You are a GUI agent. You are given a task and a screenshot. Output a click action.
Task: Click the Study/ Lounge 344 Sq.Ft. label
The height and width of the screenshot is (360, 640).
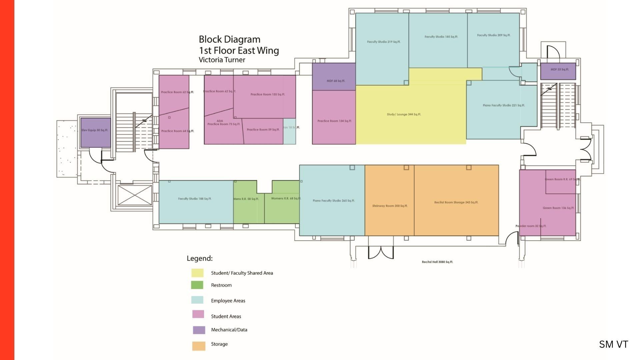click(x=404, y=114)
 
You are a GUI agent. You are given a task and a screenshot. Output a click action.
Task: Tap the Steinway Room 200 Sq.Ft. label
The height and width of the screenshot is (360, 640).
click(x=390, y=206)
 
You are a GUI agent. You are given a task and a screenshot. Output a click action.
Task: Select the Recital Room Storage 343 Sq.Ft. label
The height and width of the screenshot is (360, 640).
click(x=456, y=202)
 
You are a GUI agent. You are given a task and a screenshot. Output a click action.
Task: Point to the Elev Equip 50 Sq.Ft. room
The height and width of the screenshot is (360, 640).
click(x=95, y=132)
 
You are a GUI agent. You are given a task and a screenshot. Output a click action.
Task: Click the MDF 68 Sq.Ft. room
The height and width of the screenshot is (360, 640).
click(x=334, y=77)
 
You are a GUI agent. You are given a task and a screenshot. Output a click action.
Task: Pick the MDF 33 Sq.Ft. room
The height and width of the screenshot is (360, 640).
click(x=558, y=71)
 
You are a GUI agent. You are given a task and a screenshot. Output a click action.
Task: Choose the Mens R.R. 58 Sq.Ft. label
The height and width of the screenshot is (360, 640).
click(x=246, y=199)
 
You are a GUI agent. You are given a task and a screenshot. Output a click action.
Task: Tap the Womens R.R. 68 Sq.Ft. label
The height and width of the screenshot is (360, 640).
click(x=286, y=198)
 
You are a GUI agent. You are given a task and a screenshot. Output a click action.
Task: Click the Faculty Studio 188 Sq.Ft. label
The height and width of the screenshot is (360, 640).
click(x=195, y=199)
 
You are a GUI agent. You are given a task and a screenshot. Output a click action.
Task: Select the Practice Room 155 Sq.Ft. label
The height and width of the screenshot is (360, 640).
click(x=268, y=94)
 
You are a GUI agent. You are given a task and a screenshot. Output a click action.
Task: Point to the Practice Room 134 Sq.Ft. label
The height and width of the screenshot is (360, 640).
click(x=334, y=121)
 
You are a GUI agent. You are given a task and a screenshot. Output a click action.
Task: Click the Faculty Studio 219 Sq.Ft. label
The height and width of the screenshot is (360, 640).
click(x=384, y=42)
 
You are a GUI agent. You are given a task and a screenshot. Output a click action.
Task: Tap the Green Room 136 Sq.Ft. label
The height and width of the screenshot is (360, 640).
click(x=558, y=208)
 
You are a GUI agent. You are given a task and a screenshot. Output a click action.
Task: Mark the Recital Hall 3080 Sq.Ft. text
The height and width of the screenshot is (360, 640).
click(x=437, y=262)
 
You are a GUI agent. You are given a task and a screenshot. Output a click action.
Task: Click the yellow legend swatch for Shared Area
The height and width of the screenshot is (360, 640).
click(x=197, y=273)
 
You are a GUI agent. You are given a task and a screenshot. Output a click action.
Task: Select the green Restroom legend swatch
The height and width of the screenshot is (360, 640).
click(x=197, y=285)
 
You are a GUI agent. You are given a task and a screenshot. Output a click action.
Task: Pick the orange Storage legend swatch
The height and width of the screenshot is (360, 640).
click(x=199, y=346)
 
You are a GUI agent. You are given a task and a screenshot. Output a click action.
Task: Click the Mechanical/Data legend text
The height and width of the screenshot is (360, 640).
click(x=229, y=330)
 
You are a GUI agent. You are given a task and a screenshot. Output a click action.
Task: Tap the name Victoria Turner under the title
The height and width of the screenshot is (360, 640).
click(x=222, y=60)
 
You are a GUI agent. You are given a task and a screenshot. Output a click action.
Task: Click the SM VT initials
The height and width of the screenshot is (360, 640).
click(x=613, y=344)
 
